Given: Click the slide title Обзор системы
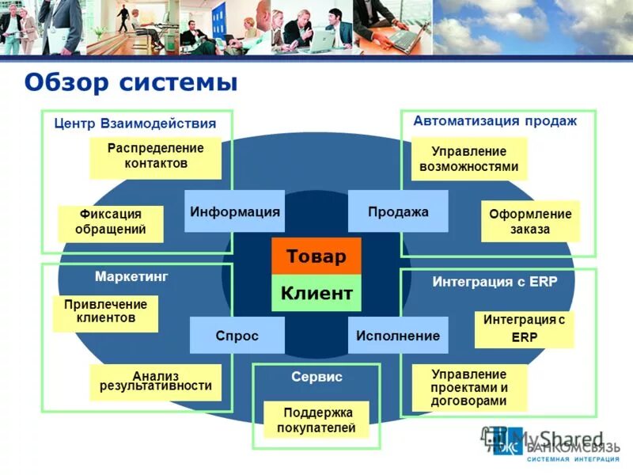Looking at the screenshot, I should [131, 82].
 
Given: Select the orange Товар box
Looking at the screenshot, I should [316, 256].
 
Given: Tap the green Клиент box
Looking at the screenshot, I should [316, 293].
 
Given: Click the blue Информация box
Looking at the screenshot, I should [234, 211].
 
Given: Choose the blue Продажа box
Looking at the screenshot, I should [398, 211].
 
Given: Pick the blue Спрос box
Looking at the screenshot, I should [237, 335].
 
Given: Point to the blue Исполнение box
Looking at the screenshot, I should [398, 335].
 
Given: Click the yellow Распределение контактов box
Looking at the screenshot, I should [155, 157].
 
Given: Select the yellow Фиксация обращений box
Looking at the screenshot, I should [110, 223].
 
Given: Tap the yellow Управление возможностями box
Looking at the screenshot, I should [469, 158].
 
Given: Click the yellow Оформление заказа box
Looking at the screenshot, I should [529, 222].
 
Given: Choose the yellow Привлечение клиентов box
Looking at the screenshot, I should [105, 313].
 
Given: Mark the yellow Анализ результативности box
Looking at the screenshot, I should [155, 382].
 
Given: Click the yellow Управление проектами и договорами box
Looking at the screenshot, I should [469, 387].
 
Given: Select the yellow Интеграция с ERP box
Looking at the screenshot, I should [524, 329].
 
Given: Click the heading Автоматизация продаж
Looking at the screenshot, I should [495, 121].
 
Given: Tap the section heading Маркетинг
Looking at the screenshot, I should [131, 276].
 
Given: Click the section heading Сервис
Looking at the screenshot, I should [316, 377].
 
